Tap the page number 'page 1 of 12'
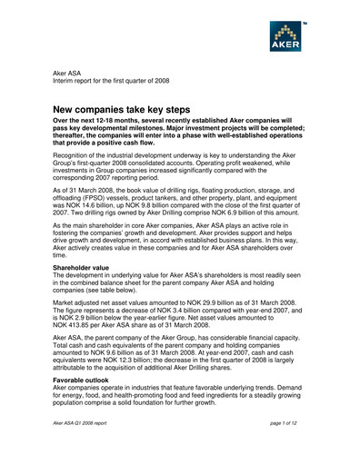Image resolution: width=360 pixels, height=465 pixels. coord(287,450)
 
